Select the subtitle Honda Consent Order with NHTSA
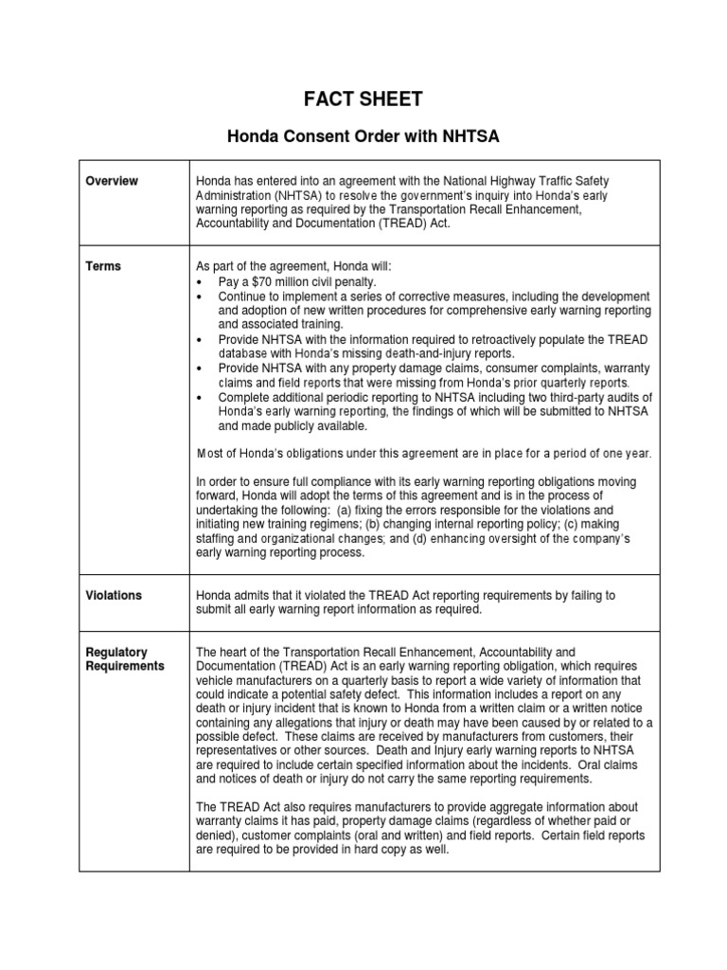(x=363, y=137)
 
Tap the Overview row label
(x=114, y=181)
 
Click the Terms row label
(x=103, y=266)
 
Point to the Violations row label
(x=115, y=596)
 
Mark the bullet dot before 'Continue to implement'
(x=200, y=296)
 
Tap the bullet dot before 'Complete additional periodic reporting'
(x=200, y=398)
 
